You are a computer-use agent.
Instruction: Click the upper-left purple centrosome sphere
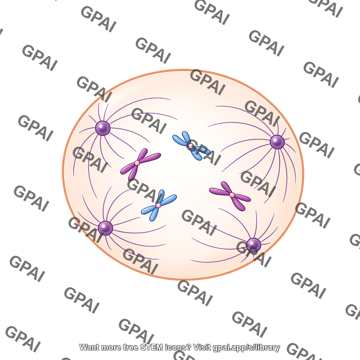click(103, 128)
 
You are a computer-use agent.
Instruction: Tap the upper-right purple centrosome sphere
click(277, 142)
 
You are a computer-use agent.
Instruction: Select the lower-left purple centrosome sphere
click(105, 228)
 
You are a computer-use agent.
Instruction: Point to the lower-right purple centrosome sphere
click(253, 245)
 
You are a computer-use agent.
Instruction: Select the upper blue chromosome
click(191, 145)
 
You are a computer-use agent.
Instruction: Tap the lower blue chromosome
click(158, 205)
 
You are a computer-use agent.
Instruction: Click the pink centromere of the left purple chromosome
click(137, 163)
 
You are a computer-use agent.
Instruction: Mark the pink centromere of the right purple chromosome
click(232, 195)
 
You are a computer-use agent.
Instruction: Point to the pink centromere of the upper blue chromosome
click(191, 145)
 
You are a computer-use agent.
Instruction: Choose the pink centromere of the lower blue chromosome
click(158, 205)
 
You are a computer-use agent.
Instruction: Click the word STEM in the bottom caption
click(152, 347)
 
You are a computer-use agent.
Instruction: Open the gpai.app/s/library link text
click(246, 347)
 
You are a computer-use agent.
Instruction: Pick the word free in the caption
click(131, 347)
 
